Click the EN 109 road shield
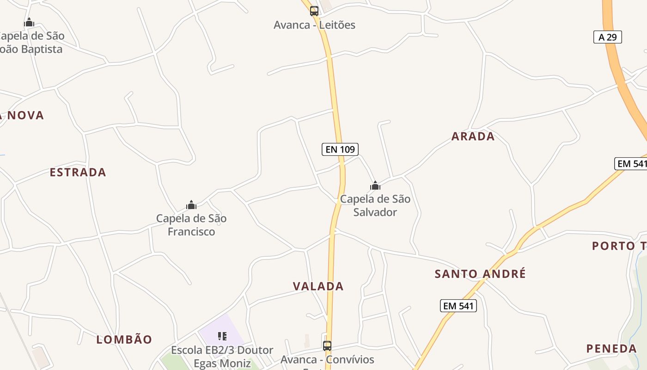(340, 149)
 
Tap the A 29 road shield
(607, 37)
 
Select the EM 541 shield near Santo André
(458, 306)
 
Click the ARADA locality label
(473, 136)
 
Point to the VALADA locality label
(318, 286)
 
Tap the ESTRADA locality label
(78, 173)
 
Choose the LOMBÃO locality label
(124, 339)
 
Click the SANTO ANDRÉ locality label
(480, 274)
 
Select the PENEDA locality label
(611, 349)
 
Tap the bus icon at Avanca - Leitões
(314, 11)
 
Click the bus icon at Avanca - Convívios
(327, 345)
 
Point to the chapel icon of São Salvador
(375, 186)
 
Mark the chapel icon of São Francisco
(191, 205)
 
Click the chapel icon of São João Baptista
(29, 22)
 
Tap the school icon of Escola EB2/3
(222, 336)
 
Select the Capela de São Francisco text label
(191, 225)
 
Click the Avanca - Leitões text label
(314, 25)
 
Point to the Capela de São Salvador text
(375, 205)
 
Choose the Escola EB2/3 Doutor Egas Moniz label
(222, 357)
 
